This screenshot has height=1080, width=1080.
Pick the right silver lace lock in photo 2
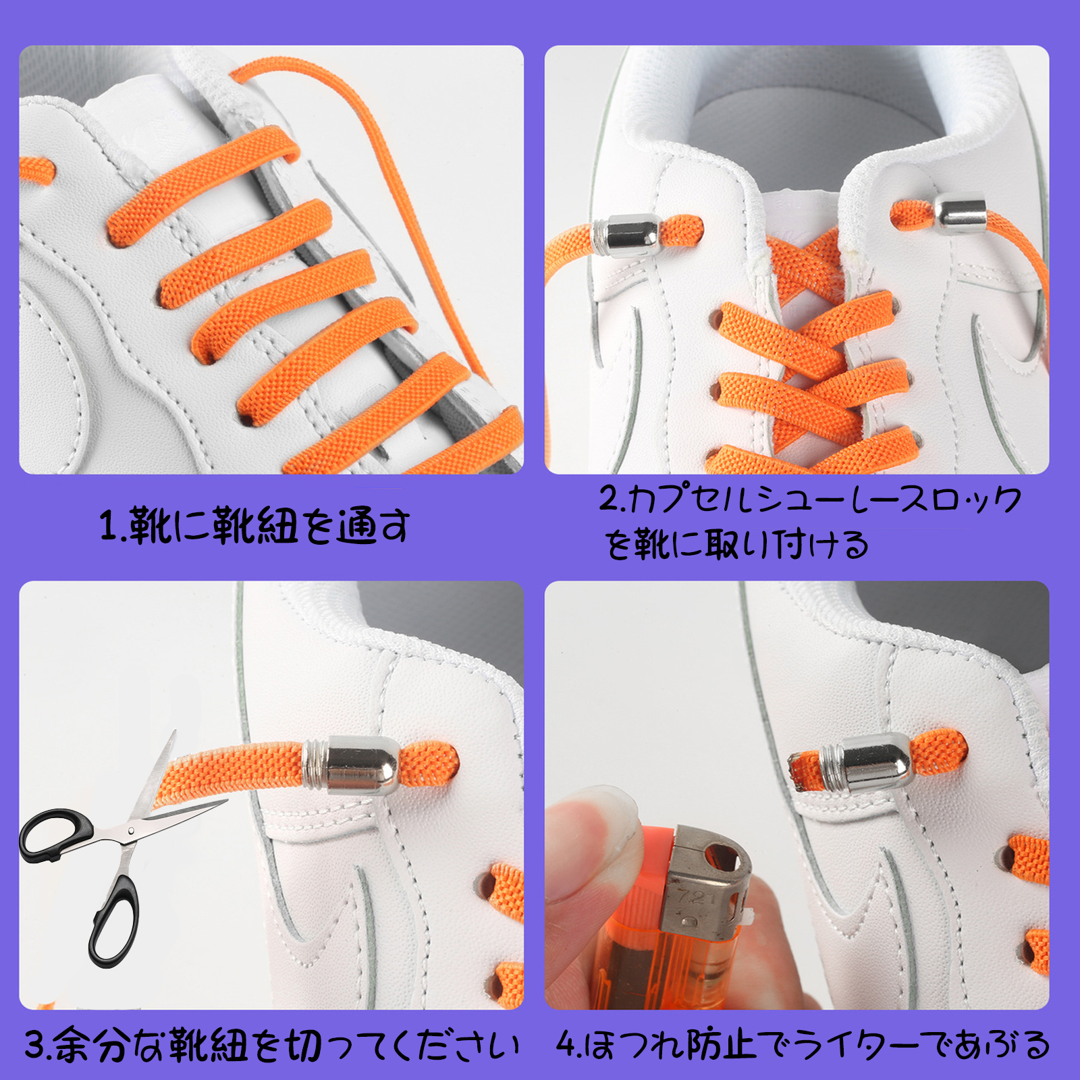(x=959, y=213)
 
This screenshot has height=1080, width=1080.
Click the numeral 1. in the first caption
(x=112, y=526)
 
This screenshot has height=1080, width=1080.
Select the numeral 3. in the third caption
(x=38, y=1045)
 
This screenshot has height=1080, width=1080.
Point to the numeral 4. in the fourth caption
(x=568, y=1045)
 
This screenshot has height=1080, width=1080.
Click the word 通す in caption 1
(x=374, y=526)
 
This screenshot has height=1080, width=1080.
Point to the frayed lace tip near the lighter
(x=805, y=769)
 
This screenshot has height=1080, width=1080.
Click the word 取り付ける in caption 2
(x=786, y=544)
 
